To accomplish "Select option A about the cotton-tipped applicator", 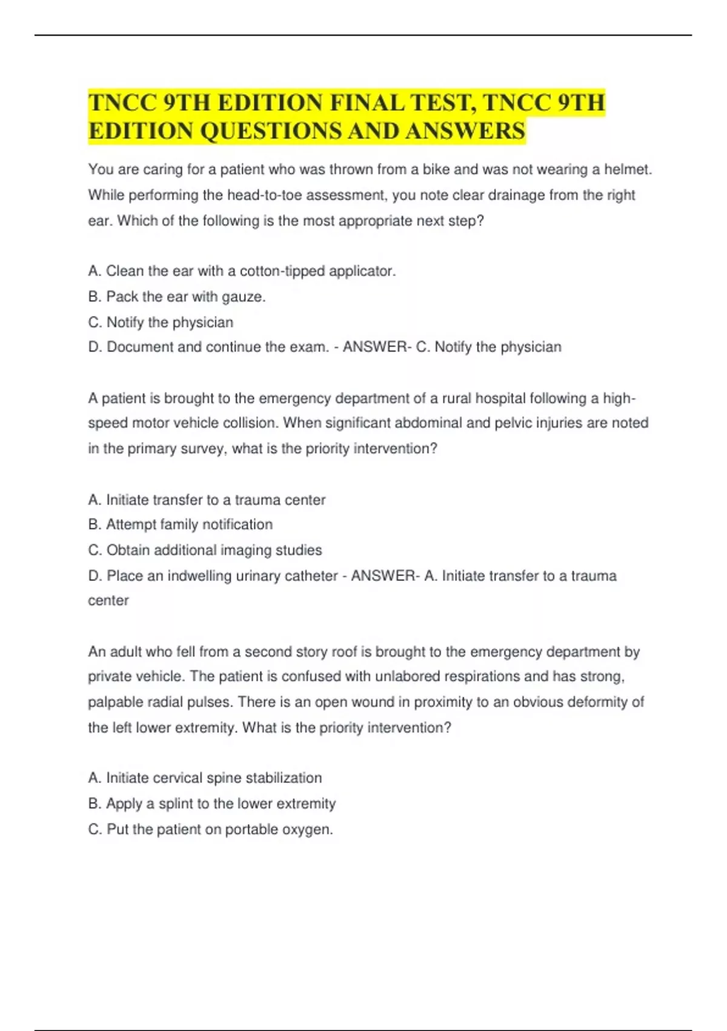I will click(x=242, y=271).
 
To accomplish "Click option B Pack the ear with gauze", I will click(x=177, y=297).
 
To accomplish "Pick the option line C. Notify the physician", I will click(x=161, y=323).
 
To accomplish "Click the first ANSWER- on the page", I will click(x=377, y=348).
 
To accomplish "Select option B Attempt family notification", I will click(x=181, y=525).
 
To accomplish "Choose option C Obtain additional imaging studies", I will click(x=205, y=551).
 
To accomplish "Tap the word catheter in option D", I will click(x=311, y=576).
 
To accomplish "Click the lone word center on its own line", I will click(x=108, y=600).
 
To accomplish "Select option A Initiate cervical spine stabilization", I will click(x=205, y=778).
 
